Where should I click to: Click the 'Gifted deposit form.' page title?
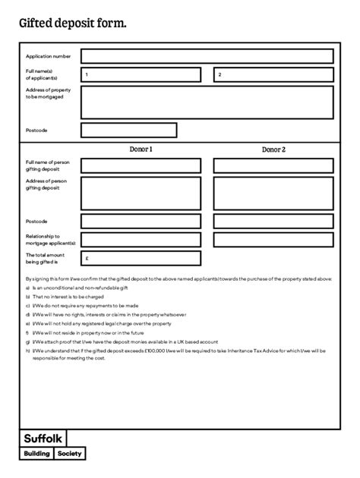coord(72,24)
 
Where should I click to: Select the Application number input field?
coord(207,56)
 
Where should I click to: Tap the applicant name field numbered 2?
coord(273,74)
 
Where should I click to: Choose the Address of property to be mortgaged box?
coord(207,102)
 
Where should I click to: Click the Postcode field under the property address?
coord(128,131)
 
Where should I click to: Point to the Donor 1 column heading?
coord(141,149)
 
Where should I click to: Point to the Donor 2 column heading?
coord(273,149)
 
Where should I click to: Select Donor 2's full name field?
coord(273,165)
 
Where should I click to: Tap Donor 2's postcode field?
coord(273,222)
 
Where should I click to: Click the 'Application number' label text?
coord(48,56)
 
